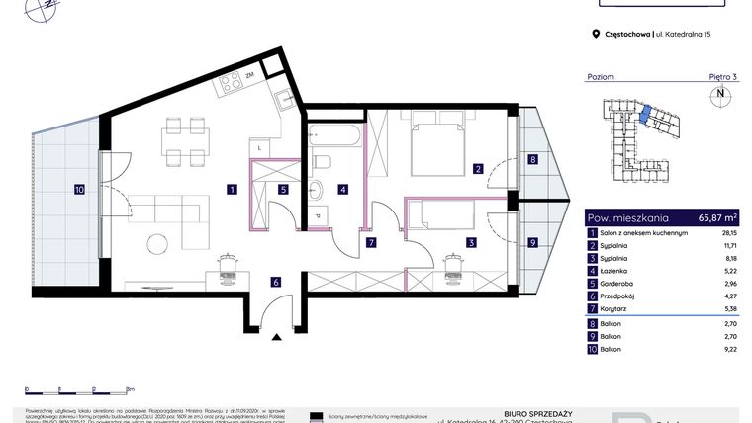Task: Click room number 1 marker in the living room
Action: [231, 189]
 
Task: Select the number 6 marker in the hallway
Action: [277, 282]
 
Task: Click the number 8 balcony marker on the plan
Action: [532, 160]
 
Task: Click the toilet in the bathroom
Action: [321, 161]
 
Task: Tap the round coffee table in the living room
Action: [156, 243]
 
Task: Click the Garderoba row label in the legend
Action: [619, 281]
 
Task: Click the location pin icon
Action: [595, 34]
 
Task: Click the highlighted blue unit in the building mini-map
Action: [645, 116]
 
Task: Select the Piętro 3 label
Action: [723, 76]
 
